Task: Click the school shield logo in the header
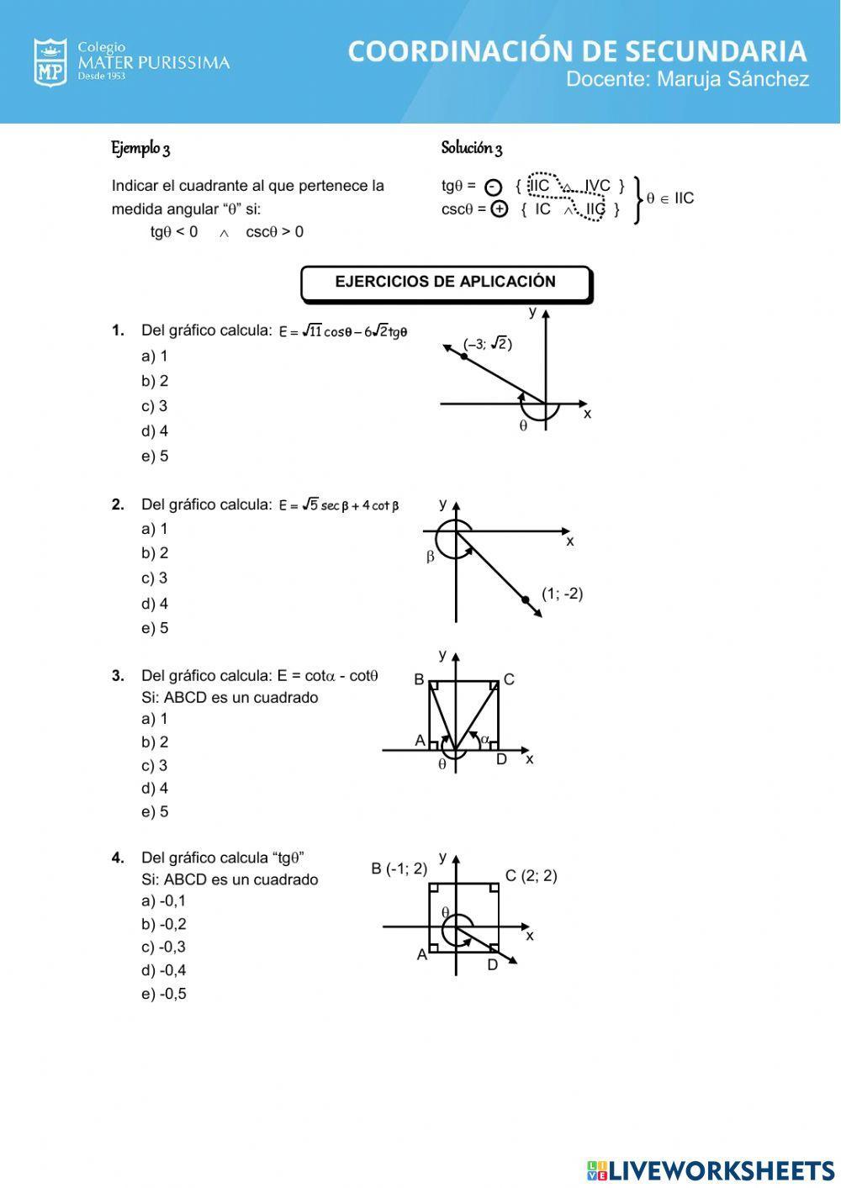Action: click(50, 62)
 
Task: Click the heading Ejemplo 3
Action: click(140, 149)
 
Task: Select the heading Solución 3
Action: click(471, 149)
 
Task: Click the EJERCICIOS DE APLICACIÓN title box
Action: click(446, 283)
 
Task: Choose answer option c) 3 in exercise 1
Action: click(155, 406)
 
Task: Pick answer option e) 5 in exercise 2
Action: click(155, 628)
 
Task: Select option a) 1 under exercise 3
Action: click(155, 719)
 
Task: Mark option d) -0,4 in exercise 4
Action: click(164, 970)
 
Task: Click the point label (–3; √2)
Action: click(488, 344)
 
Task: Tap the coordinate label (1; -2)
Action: click(562, 594)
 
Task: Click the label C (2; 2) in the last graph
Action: click(531, 876)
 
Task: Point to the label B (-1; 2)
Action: click(399, 869)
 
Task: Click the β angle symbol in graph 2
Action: click(431, 557)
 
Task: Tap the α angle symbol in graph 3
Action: click(484, 740)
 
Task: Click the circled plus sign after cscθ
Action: click(500, 209)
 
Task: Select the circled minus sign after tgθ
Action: click(494, 187)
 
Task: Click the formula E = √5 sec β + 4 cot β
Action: click(339, 505)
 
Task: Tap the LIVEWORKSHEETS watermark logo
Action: click(711, 1170)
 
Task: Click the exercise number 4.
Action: click(118, 858)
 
